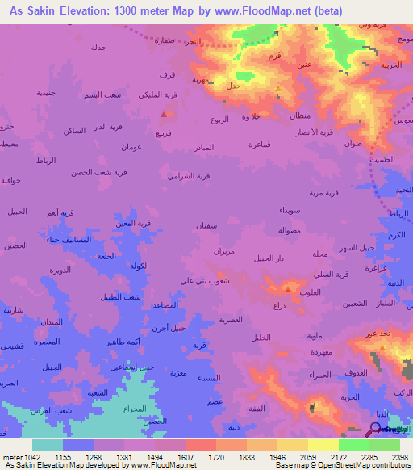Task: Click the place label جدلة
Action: [x=98, y=48]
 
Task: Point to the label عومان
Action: [x=131, y=147]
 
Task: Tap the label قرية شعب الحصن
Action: [x=98, y=172]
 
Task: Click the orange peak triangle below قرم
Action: [x=278, y=88]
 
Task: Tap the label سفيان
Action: [x=206, y=226]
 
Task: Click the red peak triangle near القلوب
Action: [x=287, y=288]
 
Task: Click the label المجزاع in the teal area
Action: [x=134, y=409]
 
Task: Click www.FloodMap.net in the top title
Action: [x=276, y=11]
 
